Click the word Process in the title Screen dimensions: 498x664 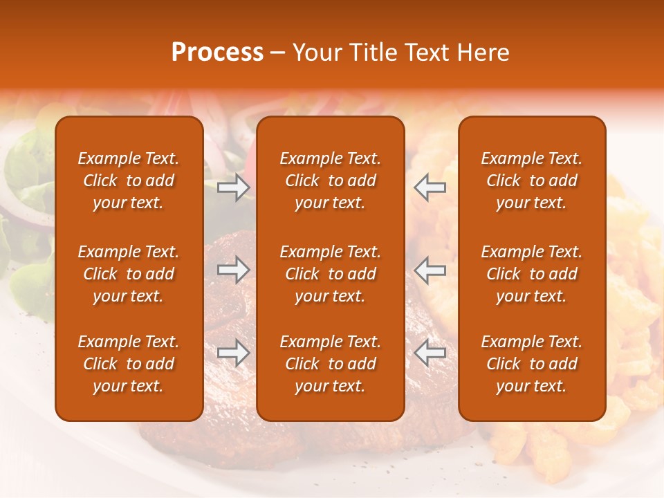217,53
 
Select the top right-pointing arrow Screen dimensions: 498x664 234,187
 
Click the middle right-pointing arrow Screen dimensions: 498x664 234,270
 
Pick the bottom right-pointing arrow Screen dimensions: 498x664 234,353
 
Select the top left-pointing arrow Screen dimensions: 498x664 430,187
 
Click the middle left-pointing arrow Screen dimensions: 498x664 430,270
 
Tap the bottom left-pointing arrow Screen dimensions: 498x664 430,353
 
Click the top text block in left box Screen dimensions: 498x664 129,181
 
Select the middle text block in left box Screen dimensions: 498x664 129,274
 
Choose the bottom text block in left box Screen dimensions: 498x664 129,364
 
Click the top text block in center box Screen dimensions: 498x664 330,181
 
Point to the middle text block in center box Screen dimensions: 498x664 330,274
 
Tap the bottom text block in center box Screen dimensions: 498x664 330,364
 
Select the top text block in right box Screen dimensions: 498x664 531,181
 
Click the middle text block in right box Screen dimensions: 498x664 531,274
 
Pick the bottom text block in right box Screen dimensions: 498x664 531,364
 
